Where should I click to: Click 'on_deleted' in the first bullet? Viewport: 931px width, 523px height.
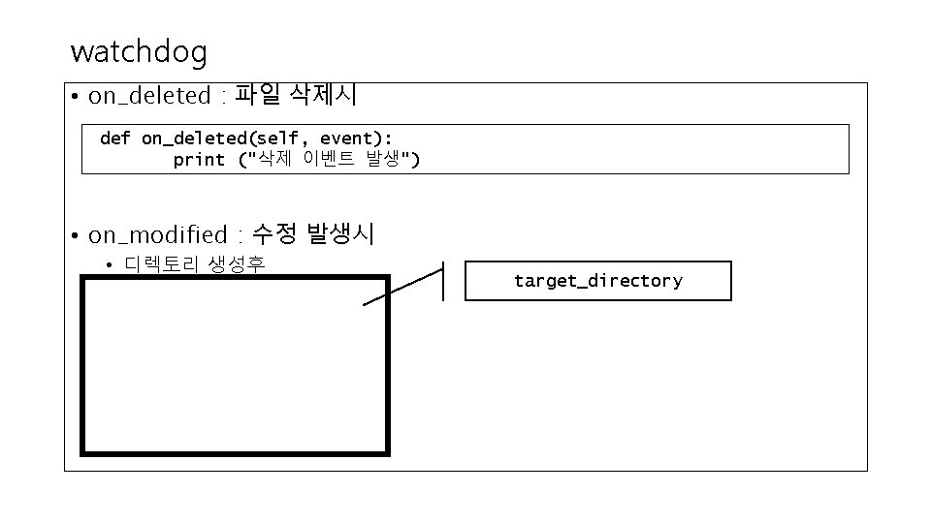149,96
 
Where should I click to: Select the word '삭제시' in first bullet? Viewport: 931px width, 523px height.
323,95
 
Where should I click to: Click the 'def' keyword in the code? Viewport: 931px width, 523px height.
114,138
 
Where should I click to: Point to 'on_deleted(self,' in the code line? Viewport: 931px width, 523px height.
220,138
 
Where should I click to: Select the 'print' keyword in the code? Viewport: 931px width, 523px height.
199,160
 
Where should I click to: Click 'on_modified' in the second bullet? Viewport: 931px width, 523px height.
156,235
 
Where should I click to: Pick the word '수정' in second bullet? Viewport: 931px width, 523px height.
274,234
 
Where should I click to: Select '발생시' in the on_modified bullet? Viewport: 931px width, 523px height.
340,234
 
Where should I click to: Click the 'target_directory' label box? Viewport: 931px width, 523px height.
597,281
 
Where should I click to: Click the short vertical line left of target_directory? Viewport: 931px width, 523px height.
443,281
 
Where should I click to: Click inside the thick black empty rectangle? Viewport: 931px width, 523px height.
235,365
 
